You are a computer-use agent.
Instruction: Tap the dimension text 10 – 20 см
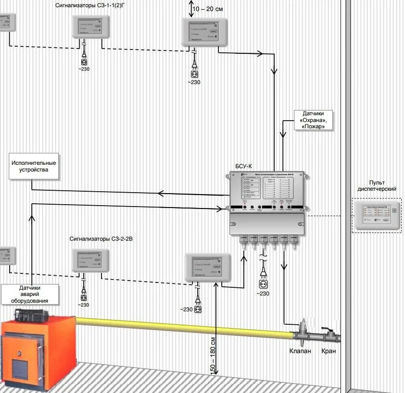(208, 9)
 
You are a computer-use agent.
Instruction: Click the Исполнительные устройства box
(34, 166)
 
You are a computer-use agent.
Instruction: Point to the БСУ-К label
(243, 166)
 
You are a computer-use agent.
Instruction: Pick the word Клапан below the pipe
(300, 351)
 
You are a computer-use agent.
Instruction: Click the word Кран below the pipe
(329, 351)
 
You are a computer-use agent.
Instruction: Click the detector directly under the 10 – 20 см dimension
(204, 32)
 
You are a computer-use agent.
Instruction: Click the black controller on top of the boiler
(31, 315)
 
